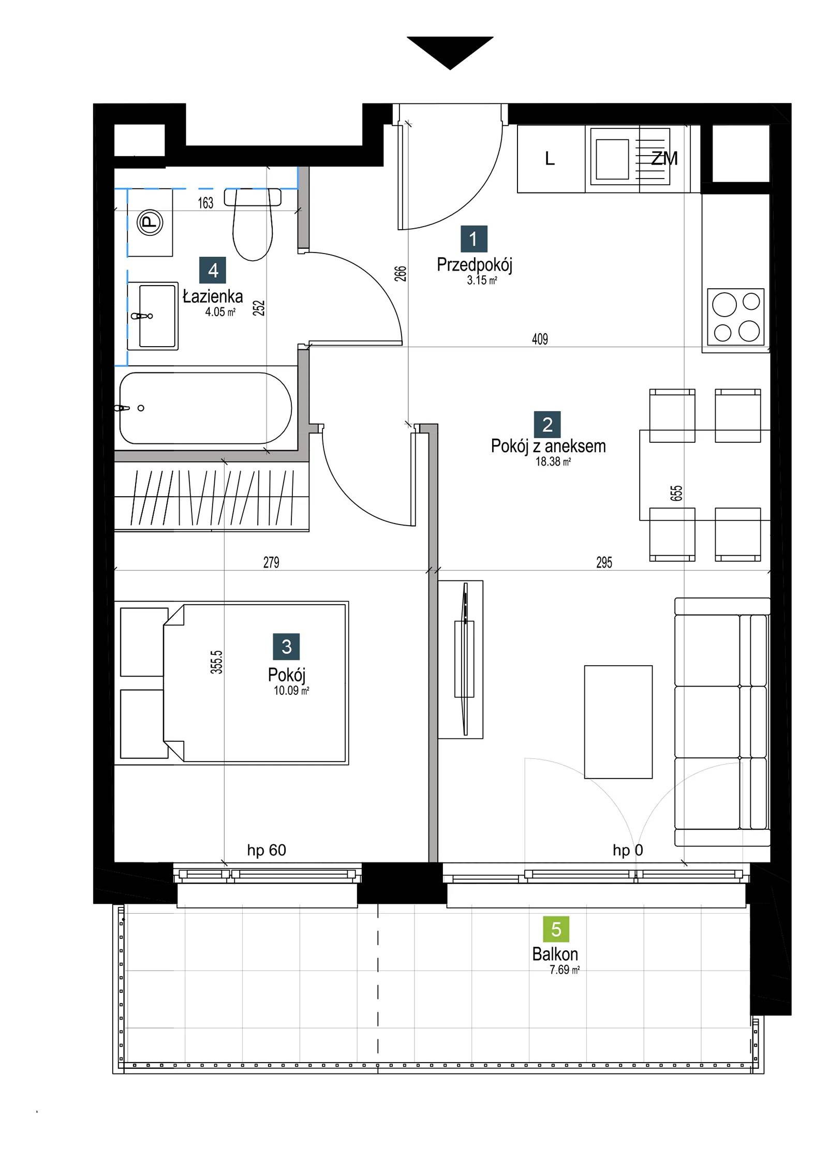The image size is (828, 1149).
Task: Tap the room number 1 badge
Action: [474, 239]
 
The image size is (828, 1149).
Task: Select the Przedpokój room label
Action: [474, 265]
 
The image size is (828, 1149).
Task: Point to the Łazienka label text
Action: [213, 296]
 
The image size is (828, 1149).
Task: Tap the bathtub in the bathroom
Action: [206, 408]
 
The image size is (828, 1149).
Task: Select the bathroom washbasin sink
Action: [153, 316]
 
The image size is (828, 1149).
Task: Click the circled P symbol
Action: [149, 223]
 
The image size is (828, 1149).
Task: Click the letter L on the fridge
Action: [550, 158]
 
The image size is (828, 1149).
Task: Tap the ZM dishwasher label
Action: [664, 158]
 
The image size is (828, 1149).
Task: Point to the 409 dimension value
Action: [540, 339]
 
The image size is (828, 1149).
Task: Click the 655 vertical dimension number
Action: [676, 494]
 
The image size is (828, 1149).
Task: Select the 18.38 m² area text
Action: [553, 462]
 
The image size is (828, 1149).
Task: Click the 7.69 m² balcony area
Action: [564, 970]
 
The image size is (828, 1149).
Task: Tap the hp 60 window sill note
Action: [267, 850]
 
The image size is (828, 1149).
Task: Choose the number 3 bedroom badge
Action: [287, 647]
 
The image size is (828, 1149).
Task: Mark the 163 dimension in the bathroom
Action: [205, 203]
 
